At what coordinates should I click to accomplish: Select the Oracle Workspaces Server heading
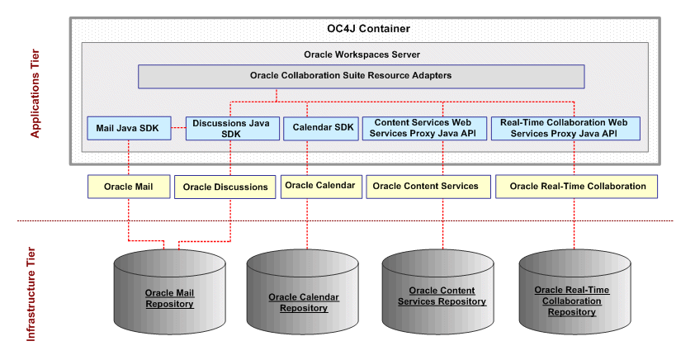[x=362, y=54]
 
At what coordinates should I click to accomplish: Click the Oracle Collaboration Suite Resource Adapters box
[x=362, y=76]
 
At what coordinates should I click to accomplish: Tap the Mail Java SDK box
[x=129, y=128]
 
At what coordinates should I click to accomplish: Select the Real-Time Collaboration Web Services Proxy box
[x=565, y=128]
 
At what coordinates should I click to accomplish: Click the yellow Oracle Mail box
[x=127, y=186]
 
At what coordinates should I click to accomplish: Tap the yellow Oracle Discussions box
[x=225, y=187]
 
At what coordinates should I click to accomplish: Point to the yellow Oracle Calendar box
[x=319, y=185]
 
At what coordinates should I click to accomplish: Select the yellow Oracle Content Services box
[x=425, y=186]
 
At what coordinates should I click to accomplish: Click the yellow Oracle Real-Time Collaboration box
[x=576, y=186]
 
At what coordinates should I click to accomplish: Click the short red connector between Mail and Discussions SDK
[x=178, y=128]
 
